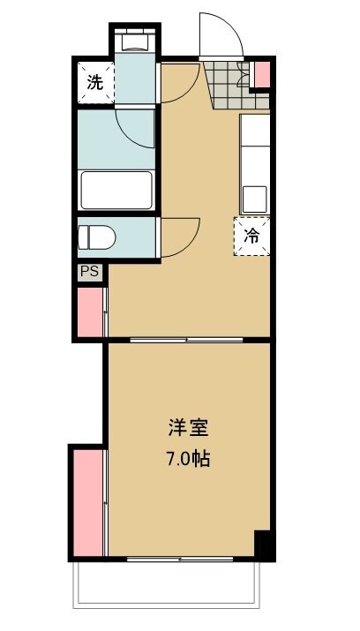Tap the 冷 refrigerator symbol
click(251, 236)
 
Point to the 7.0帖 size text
click(188, 460)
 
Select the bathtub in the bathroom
click(117, 189)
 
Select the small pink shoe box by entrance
click(260, 76)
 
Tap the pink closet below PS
click(90, 311)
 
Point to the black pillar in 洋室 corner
click(262, 544)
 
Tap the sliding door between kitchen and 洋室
click(187, 339)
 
